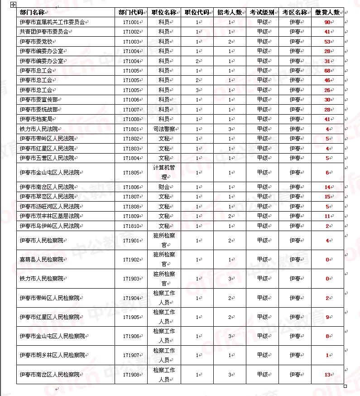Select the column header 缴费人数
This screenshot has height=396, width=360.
tap(327, 12)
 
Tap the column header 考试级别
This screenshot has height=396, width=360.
tap(262, 12)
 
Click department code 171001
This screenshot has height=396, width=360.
tap(131, 22)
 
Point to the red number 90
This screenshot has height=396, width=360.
tap(327, 22)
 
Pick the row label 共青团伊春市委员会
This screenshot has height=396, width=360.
tap(44, 32)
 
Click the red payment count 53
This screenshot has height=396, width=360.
tap(327, 42)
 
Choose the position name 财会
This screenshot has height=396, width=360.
tap(164, 187)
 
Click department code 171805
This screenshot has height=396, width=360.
tap(131, 173)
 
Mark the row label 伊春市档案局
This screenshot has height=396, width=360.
tap(38, 119)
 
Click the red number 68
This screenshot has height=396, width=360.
tap(327, 71)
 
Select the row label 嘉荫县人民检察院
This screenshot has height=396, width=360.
tap(41, 260)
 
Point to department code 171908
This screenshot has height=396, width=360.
tap(131, 375)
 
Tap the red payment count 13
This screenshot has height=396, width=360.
tap(327, 375)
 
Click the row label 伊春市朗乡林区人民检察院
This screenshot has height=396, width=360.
tap(52, 356)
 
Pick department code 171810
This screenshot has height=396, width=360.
tap(131, 226)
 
